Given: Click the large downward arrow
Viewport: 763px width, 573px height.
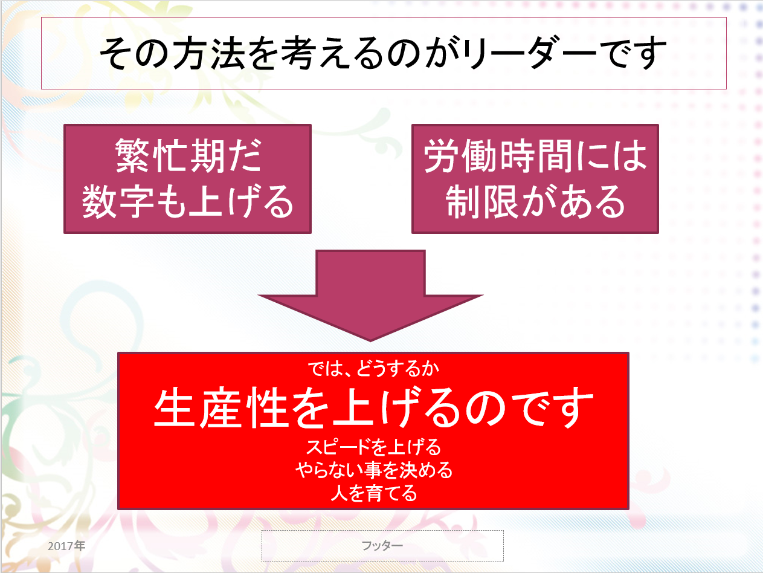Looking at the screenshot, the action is pos(370,296).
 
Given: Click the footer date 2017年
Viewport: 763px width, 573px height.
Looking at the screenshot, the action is pos(66,546).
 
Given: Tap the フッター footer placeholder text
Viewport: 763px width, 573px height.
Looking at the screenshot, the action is pos(382,546).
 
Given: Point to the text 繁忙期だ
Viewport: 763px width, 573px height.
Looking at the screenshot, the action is pos(188,155).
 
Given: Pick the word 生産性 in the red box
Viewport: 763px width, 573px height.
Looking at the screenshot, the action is pos(221,407).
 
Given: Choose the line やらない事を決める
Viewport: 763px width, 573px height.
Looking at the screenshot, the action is pos(374,470).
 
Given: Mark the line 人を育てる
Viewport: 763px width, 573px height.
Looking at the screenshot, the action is pos(374,493).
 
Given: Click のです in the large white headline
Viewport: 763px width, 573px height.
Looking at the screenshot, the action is pos(529,407).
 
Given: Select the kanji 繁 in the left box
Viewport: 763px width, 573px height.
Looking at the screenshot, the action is pos(133,155).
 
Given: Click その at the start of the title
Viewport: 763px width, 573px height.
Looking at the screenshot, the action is pos(135,53).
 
